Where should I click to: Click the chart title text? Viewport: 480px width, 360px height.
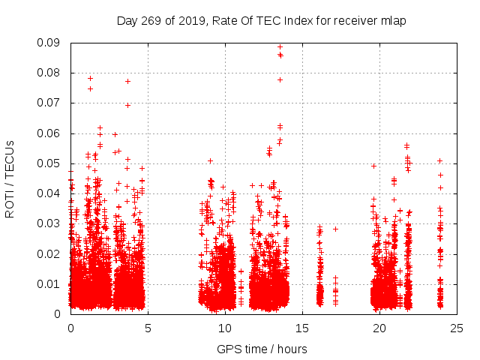(261, 20)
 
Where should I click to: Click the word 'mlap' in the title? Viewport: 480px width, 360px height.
(391, 20)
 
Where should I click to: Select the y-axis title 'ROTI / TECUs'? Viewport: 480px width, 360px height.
(10, 178)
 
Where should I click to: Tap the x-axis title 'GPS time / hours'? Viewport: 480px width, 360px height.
(262, 349)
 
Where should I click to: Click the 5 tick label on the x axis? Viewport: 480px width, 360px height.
(148, 328)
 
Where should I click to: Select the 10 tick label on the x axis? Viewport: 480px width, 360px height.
(225, 328)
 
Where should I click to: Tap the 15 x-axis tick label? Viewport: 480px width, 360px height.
(302, 328)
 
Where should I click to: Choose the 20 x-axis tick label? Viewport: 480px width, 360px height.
(379, 328)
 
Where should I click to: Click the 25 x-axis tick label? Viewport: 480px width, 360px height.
(457, 328)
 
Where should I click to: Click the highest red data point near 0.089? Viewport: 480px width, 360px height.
(280, 46)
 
